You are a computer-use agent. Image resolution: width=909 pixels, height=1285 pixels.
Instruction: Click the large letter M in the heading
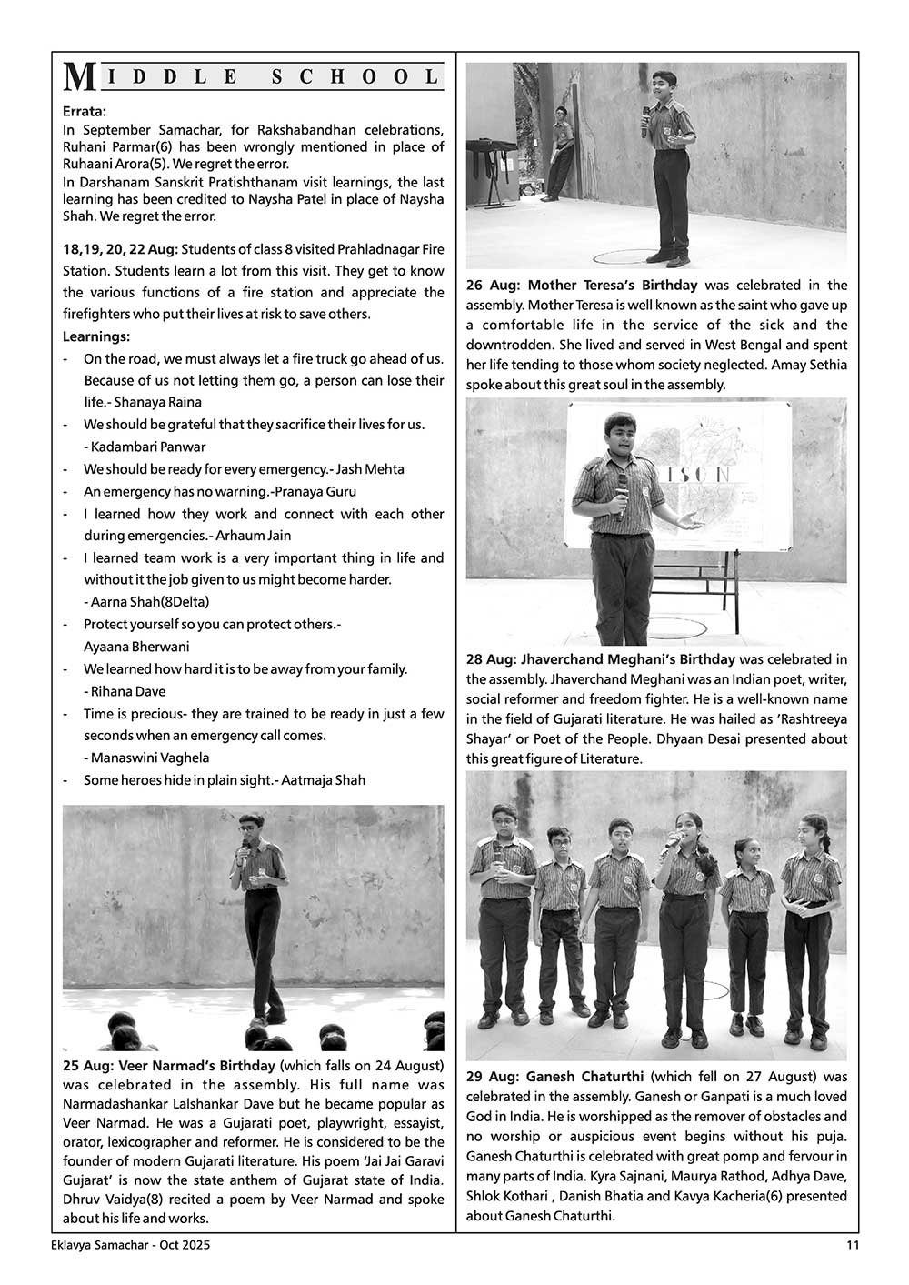(79, 77)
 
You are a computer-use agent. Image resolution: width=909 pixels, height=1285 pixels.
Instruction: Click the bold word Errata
(85, 111)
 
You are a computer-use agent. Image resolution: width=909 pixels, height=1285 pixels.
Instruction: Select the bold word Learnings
(95, 336)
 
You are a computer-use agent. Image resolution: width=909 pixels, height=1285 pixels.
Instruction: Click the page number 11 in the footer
(852, 1245)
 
